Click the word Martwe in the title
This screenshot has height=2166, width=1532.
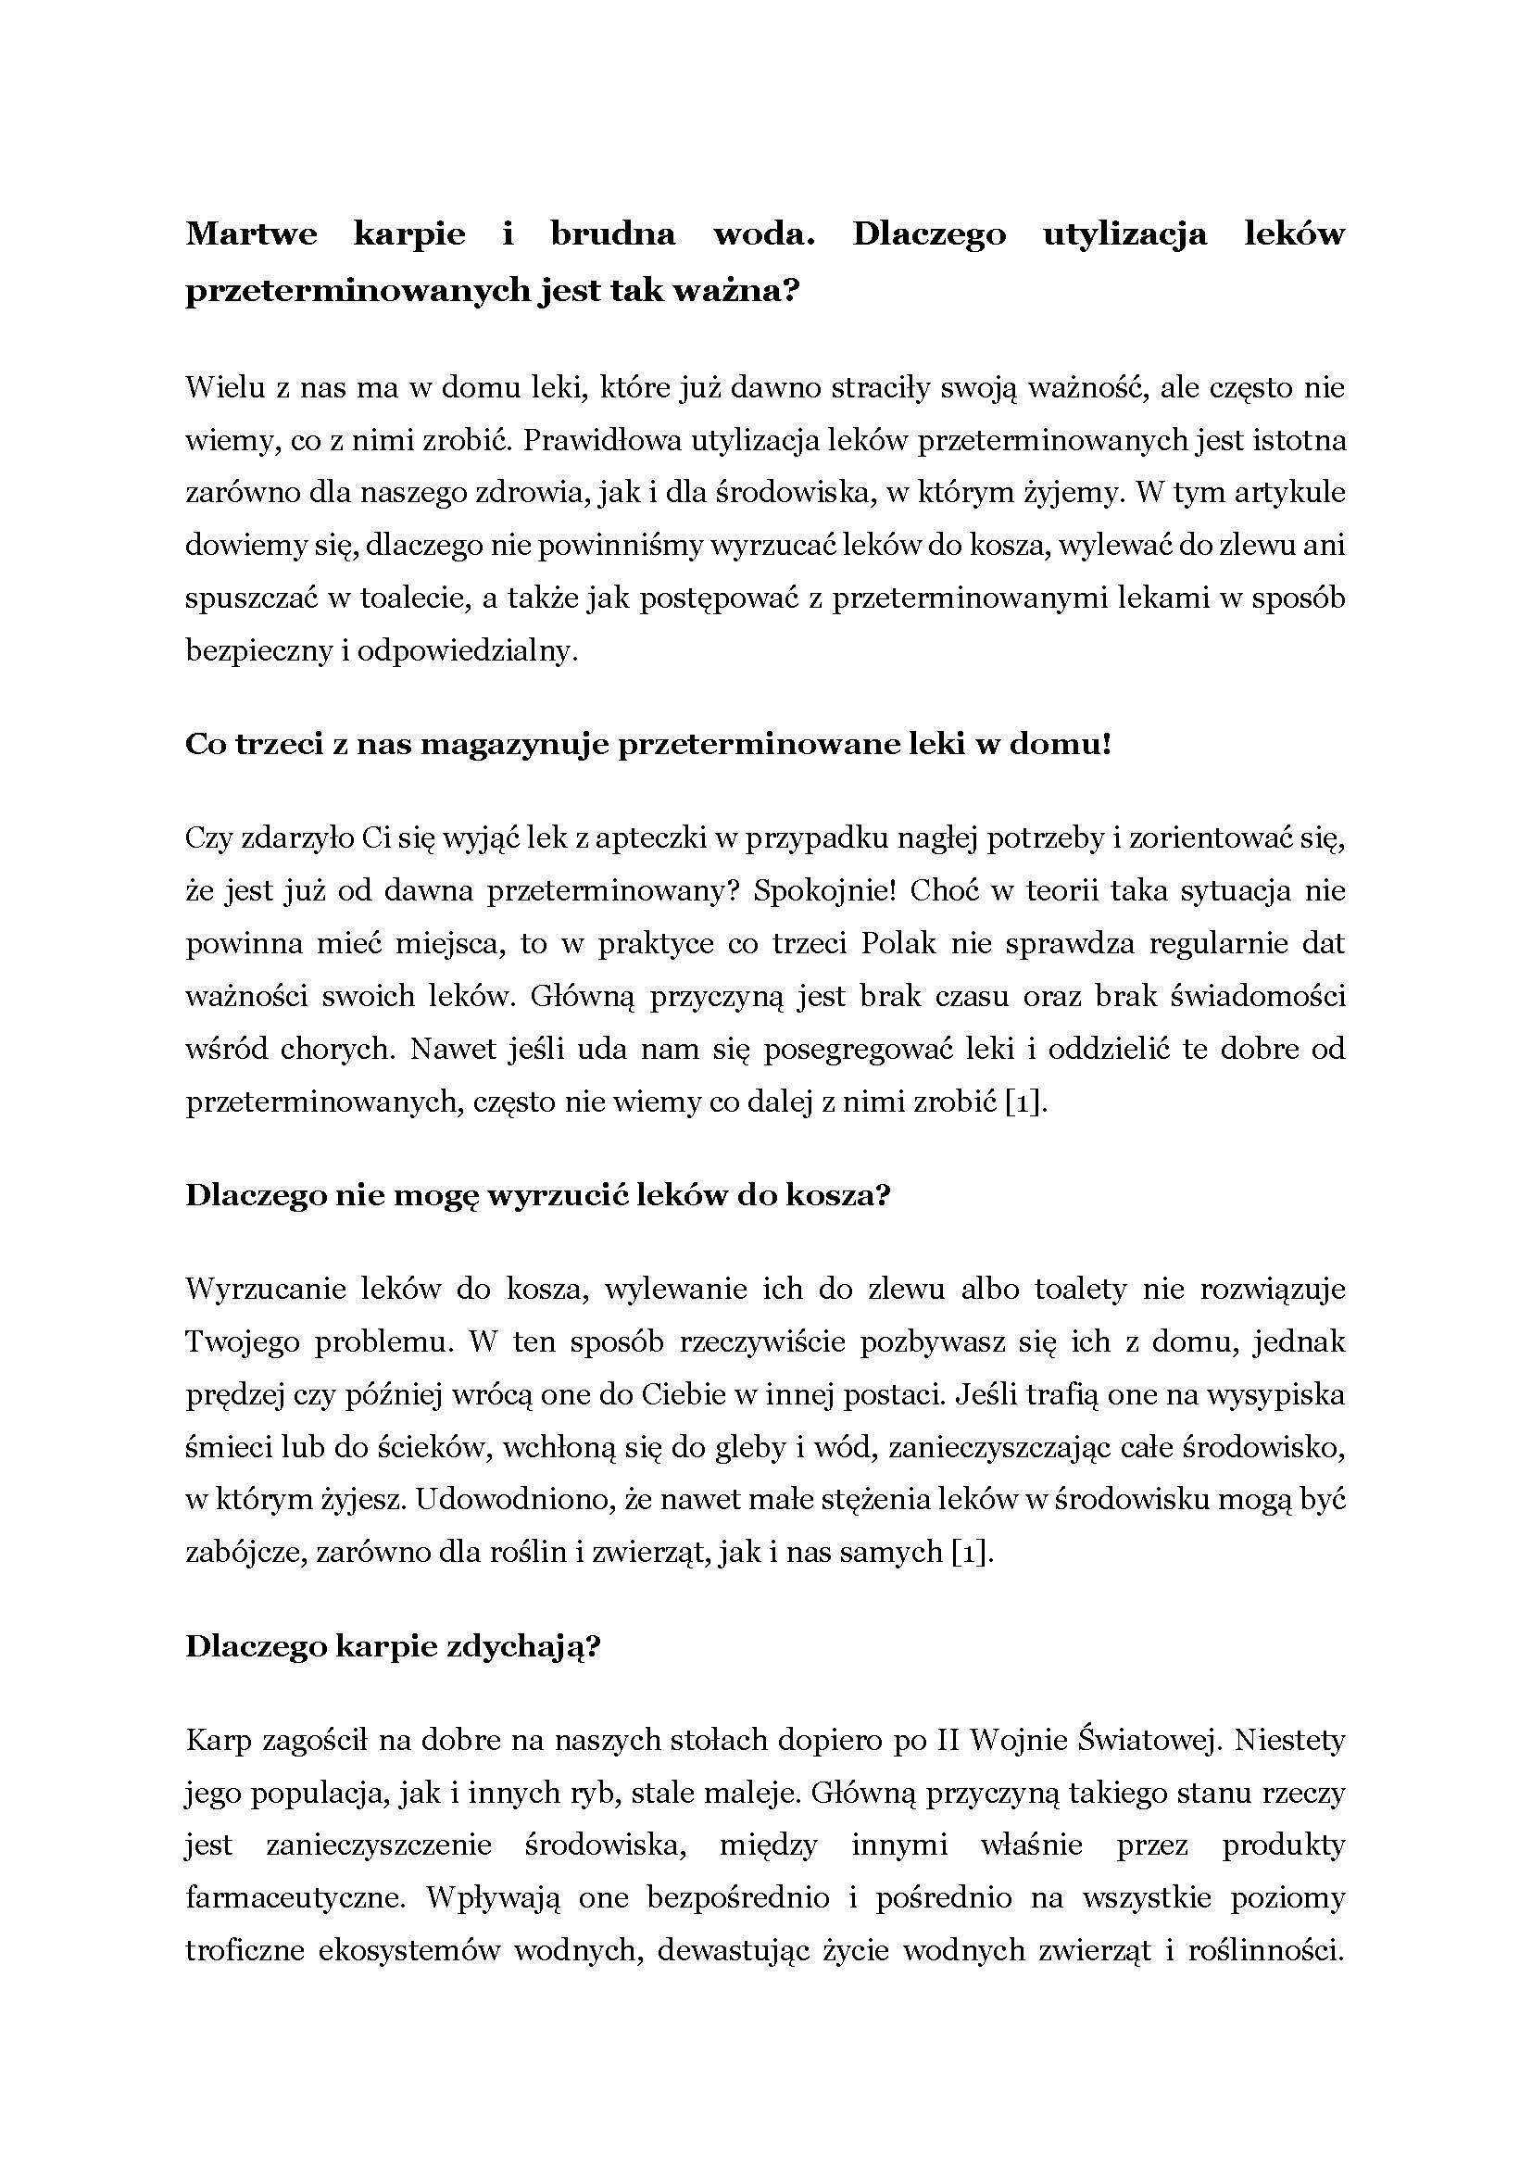point(251,235)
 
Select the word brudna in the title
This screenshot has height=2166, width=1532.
point(612,235)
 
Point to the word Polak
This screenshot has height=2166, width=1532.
point(898,943)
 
